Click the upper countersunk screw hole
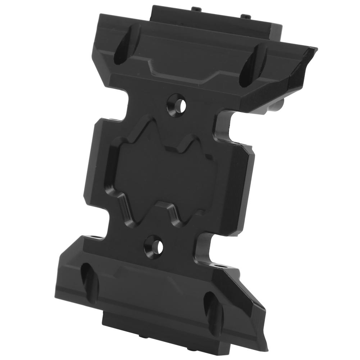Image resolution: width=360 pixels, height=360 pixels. [x=177, y=104]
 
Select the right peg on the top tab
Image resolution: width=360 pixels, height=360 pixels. [x=245, y=15]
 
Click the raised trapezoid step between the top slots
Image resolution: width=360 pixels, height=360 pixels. [x=183, y=61]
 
